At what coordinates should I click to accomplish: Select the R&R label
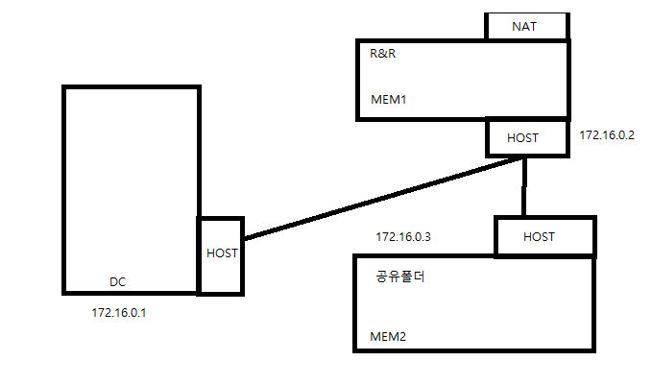point(383,54)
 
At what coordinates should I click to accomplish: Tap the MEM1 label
point(387,99)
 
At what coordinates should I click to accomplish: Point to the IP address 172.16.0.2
point(607,135)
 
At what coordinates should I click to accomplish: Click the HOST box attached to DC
point(221,254)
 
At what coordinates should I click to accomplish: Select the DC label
point(117,281)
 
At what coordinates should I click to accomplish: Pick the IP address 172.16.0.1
point(118,313)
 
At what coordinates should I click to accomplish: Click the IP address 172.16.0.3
point(403,236)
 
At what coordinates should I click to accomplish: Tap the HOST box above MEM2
point(539,236)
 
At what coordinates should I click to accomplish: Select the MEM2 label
point(387,337)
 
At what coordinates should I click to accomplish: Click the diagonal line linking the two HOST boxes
point(384,197)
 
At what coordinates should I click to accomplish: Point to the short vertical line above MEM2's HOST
point(524,187)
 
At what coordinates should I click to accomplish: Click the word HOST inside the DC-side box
point(222,253)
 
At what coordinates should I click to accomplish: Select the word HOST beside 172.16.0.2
point(522,137)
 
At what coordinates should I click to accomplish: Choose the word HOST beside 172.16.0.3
point(539,236)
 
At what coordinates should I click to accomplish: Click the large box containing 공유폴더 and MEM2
point(480,307)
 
